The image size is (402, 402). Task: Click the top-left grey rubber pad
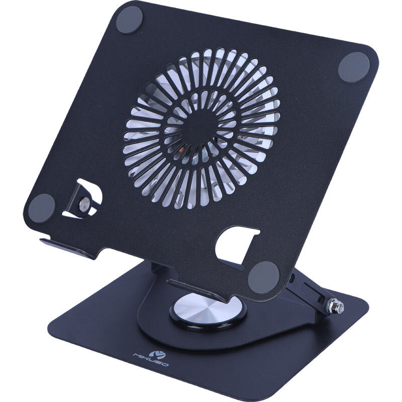(x=129, y=20)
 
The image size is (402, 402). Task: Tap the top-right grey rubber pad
(x=354, y=67)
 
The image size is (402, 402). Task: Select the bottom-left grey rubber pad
(x=42, y=208)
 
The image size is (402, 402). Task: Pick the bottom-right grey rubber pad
(x=263, y=277)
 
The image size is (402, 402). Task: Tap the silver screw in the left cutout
(x=84, y=204)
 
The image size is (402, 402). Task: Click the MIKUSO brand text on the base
(x=151, y=360)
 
